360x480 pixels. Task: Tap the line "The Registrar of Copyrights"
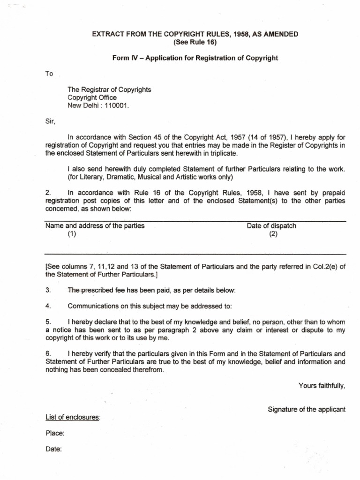109,90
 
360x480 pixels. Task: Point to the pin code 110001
117,105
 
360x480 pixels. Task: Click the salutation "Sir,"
50,122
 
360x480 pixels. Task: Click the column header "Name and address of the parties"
95,226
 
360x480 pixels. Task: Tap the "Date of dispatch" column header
271,226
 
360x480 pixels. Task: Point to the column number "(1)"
71,235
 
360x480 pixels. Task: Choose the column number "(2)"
273,235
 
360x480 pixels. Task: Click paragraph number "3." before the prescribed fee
48,291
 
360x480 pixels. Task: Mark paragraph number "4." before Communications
48,307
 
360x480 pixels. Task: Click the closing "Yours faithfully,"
322,386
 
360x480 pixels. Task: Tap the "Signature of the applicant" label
306,409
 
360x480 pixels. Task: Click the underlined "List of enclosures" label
72,417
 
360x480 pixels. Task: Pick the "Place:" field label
54,434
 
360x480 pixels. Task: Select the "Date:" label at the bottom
53,449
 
